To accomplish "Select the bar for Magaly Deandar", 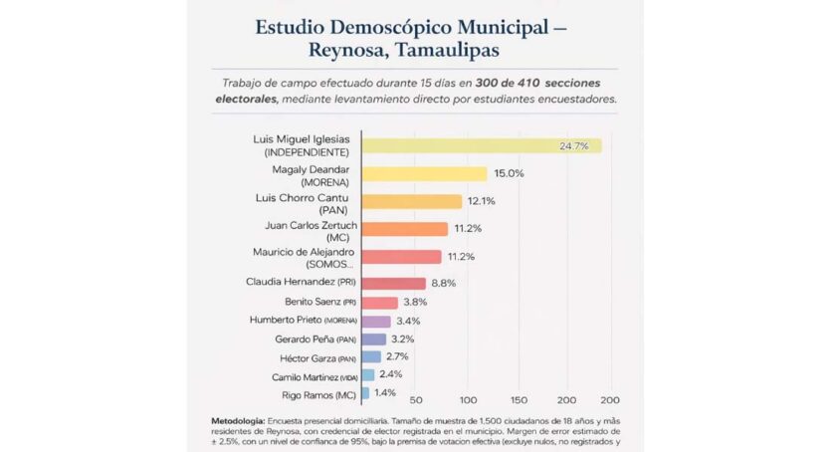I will (424, 173).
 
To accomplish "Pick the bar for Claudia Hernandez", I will (394, 284).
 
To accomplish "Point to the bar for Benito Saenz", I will (380, 303).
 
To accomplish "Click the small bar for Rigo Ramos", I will (366, 394).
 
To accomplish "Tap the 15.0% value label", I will (508, 173).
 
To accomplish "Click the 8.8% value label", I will (444, 284).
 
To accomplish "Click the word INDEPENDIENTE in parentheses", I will (305, 153).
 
